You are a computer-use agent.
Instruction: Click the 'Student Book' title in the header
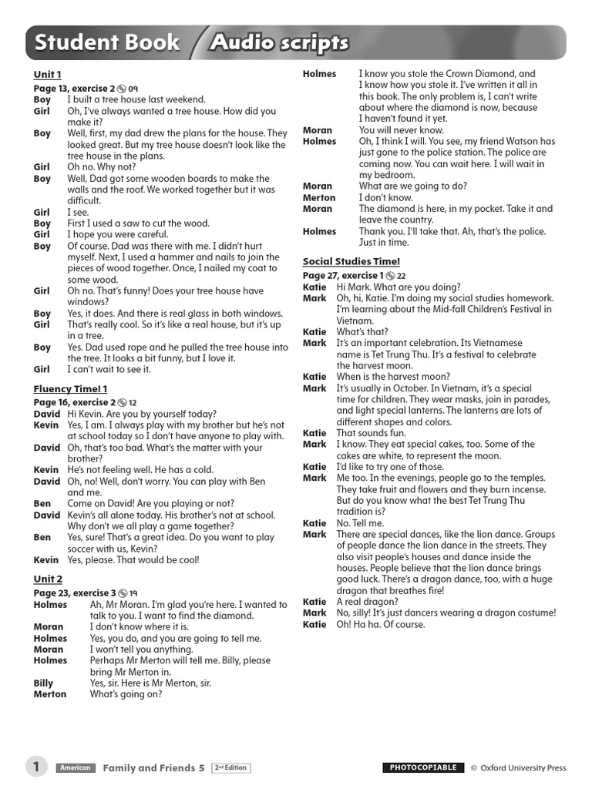(108, 42)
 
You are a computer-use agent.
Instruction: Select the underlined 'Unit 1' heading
(47, 75)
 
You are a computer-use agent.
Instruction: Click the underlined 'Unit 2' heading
(48, 579)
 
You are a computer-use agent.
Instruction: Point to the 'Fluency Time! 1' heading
(70, 389)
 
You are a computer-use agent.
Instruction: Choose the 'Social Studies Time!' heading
(351, 261)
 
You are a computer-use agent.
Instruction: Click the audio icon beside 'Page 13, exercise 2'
(122, 89)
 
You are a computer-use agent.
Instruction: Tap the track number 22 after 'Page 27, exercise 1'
(401, 275)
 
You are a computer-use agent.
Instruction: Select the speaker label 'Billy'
(43, 683)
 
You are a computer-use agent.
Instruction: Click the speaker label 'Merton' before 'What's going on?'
(50, 694)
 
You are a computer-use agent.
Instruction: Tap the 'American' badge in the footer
(75, 768)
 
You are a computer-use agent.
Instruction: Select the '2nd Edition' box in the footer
(231, 768)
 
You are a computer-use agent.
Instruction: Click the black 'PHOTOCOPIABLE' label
(423, 768)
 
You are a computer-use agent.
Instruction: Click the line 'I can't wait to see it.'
(109, 369)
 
